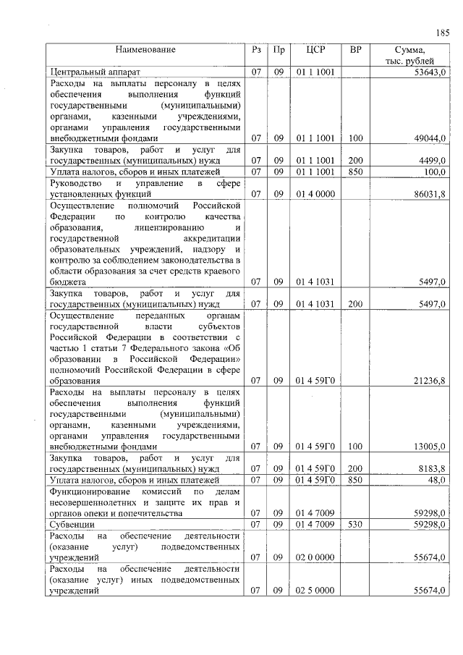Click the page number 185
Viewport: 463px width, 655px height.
coord(443,33)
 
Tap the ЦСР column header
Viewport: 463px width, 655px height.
coord(315,50)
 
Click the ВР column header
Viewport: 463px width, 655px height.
coord(355,50)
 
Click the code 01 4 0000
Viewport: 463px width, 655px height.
coord(315,194)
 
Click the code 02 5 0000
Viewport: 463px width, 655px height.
coord(315,591)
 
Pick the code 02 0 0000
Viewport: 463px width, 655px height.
coord(315,557)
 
